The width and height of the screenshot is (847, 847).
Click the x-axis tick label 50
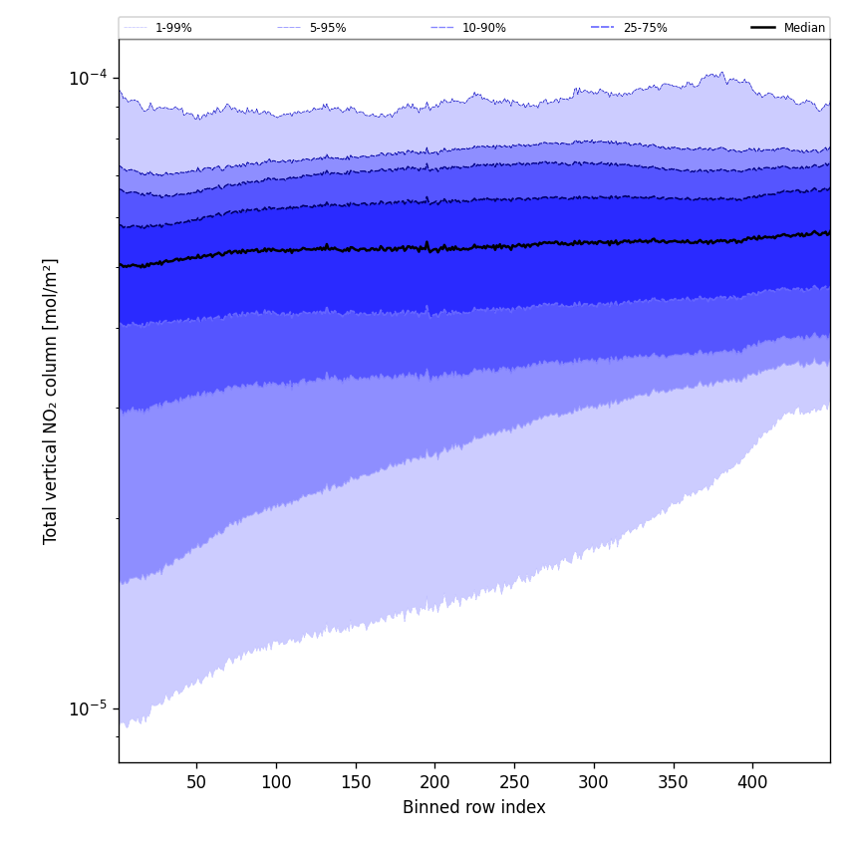[196, 783]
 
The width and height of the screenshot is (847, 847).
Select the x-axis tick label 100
[276, 783]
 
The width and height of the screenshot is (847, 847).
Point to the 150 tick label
[356, 783]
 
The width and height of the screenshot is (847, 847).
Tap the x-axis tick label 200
[434, 783]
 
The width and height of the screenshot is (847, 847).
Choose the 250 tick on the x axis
[514, 783]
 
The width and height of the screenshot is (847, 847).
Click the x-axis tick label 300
[594, 783]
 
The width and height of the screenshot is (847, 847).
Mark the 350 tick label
[674, 783]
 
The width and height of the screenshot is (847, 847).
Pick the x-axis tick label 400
[752, 783]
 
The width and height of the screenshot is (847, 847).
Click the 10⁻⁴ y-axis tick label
[88, 78]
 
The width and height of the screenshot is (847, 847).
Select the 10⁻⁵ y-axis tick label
[88, 708]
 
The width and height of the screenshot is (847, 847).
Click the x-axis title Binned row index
[474, 808]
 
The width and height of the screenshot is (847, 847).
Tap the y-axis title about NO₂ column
[51, 401]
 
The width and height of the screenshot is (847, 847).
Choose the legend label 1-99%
[173, 28]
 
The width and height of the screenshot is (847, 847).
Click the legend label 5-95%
[328, 28]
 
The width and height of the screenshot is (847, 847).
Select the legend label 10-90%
[484, 28]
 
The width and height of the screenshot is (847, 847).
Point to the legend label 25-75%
[646, 28]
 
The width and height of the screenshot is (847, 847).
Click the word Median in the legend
[804, 28]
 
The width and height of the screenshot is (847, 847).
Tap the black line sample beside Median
[763, 28]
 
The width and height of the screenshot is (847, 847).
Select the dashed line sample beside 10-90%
[442, 28]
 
